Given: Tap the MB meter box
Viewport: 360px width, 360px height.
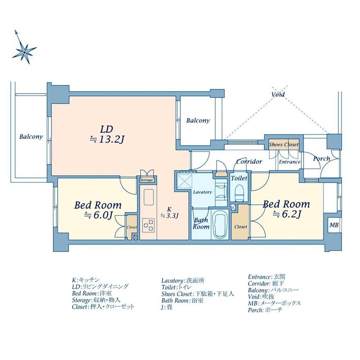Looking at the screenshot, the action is click(334, 225).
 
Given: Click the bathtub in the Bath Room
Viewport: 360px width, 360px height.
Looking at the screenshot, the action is click(220, 224).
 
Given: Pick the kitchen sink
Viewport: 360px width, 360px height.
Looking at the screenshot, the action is click(149, 198).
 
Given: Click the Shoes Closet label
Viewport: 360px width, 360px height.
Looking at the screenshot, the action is click(284, 144).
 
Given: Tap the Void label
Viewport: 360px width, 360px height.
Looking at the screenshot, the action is click(278, 94).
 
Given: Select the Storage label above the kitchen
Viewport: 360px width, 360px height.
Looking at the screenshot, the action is click(146, 180).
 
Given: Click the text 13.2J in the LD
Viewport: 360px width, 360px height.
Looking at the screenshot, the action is click(112, 139).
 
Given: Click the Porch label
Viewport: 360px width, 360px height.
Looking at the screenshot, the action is click(321, 158).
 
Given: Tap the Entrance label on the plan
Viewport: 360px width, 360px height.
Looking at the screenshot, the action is click(290, 162).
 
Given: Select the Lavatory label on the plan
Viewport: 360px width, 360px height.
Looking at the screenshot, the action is click(203, 192).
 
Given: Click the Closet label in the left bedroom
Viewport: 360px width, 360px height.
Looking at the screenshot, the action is click(132, 227).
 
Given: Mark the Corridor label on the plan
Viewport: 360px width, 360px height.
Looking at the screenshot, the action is click(249, 161).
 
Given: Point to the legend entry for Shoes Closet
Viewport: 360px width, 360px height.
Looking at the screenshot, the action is click(198, 294).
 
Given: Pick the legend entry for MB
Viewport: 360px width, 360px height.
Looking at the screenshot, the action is click(274, 303).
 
